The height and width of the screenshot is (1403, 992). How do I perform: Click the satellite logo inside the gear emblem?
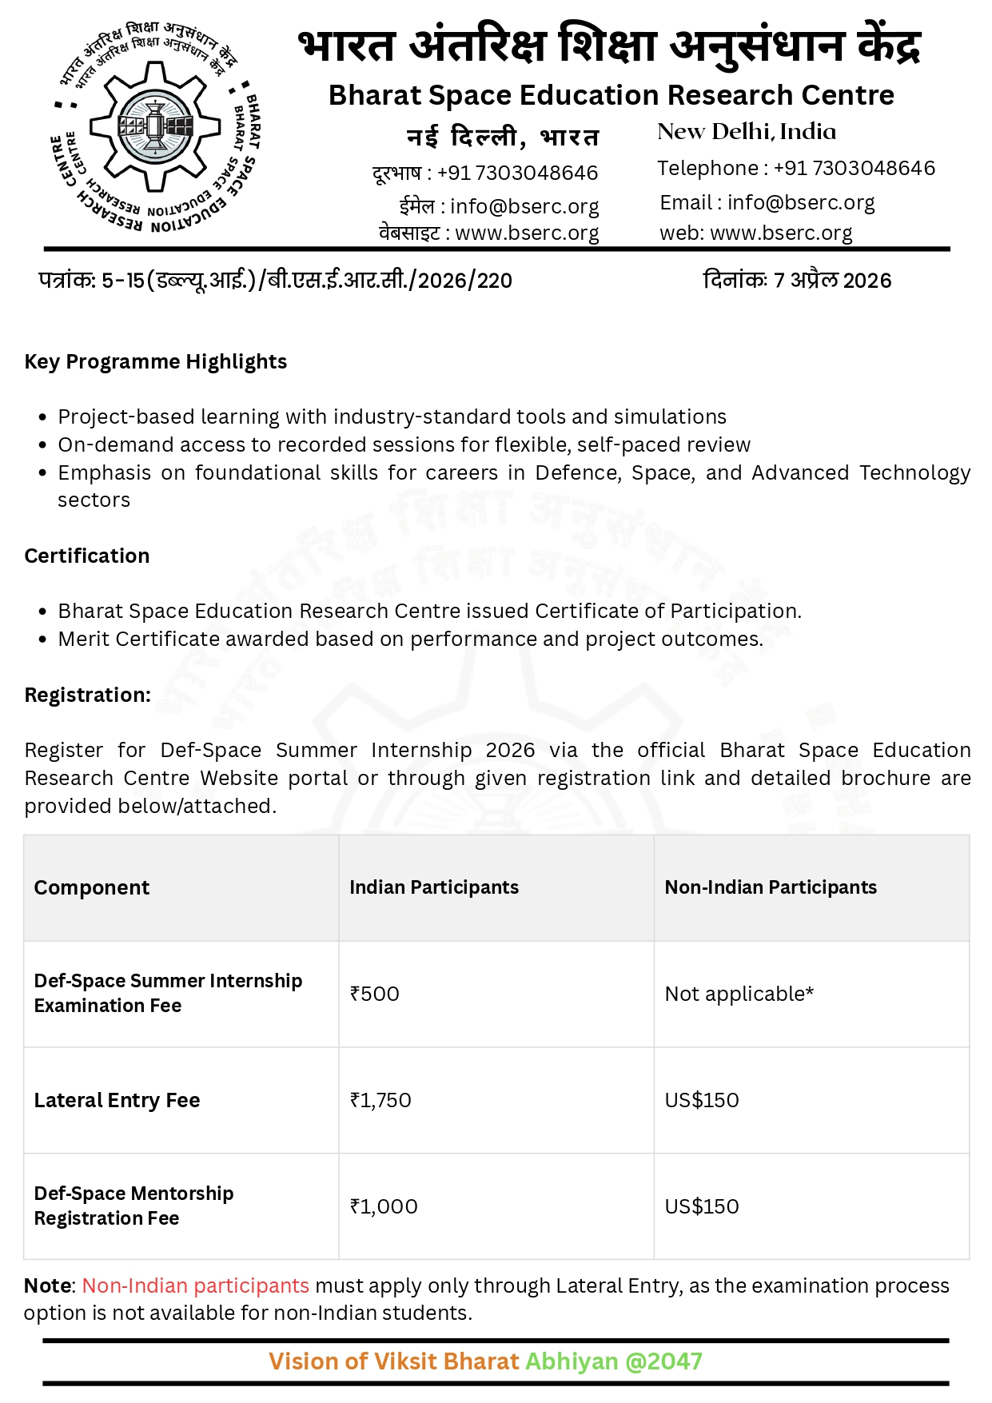pos(155,126)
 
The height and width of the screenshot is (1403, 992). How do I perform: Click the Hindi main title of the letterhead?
pos(609,45)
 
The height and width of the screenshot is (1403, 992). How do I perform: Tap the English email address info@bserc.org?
pos(800,203)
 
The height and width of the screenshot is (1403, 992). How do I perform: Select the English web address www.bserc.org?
pos(780,233)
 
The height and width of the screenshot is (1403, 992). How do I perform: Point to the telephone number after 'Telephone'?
pos(854,169)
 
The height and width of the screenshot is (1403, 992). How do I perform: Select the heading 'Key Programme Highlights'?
pos(155,362)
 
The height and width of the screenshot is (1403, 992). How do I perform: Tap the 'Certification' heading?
pos(86,556)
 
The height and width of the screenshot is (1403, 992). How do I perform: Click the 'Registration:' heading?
pos(87,696)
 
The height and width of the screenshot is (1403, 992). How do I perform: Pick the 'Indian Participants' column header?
pos(433,887)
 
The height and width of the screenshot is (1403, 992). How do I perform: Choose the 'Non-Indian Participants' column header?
pos(770,887)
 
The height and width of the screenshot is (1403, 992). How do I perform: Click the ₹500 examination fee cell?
pos(374,994)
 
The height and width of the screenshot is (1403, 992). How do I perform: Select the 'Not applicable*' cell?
pos(739,994)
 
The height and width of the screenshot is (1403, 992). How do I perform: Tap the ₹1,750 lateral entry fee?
pos(380,1100)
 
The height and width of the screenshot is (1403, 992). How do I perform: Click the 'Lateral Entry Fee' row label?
pos(117,1100)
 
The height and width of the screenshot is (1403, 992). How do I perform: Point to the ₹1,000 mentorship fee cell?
pos(383,1206)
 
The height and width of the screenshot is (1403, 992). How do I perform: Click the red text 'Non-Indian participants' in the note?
pos(195,1285)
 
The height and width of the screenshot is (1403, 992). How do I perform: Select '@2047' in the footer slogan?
pos(663,1361)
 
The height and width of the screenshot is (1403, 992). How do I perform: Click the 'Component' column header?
pos(91,887)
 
